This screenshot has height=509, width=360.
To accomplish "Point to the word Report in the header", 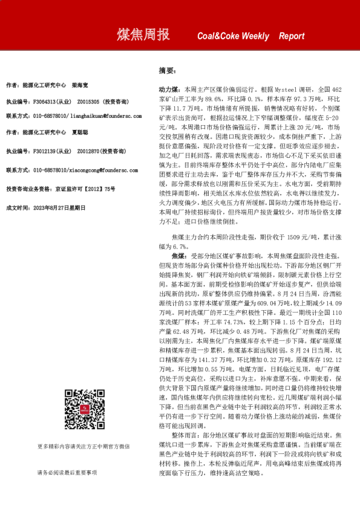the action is pos(292,36).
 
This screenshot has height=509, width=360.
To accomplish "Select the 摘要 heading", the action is pos(166,71).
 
